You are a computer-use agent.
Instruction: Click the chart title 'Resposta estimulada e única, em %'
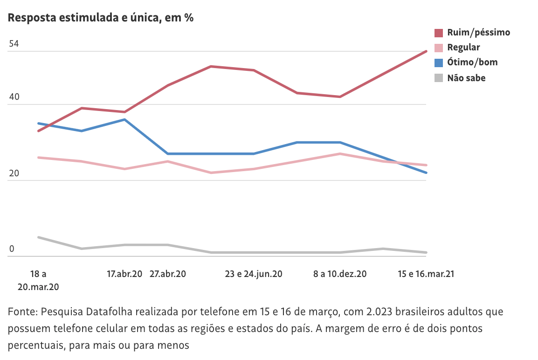coord(101,18)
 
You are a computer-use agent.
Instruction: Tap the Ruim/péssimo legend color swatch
coord(439,33)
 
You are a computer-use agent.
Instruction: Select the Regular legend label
coord(463,48)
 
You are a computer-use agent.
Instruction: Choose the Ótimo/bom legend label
coord(472,62)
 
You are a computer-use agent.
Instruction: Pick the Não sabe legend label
coord(466,78)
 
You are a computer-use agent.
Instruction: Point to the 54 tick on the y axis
coord(14,44)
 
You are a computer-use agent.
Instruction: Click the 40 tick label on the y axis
coord(14,97)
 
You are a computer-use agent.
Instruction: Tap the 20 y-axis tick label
coord(14,173)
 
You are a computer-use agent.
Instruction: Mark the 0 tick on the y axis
coord(12,249)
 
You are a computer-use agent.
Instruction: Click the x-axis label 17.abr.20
coord(124,274)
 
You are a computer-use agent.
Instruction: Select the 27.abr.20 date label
coord(167,274)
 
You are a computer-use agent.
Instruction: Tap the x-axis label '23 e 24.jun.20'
coord(254,274)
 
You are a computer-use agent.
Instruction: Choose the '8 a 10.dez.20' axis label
coord(340,274)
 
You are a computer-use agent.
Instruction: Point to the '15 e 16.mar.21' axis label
coord(426,274)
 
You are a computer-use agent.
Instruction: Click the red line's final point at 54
coord(426,51)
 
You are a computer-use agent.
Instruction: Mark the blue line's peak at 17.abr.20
coord(124,119)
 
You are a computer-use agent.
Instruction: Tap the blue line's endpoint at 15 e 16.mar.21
coord(426,173)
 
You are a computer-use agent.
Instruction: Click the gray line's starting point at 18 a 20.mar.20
coord(38,237)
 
